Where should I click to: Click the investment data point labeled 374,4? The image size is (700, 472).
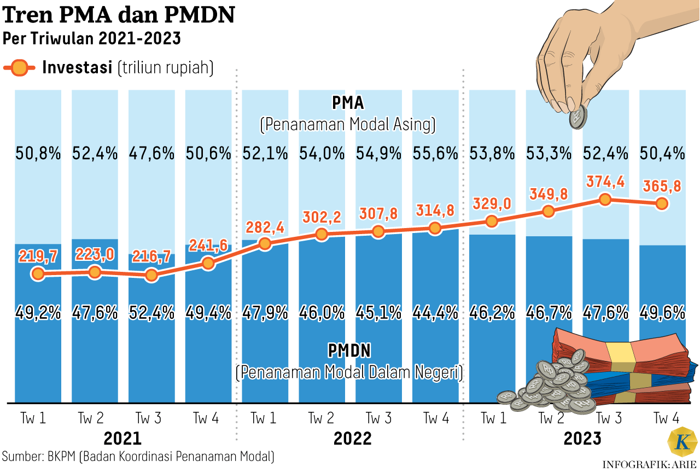(604, 200)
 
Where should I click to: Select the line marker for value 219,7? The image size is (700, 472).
(38, 273)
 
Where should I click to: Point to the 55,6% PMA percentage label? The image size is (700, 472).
(435, 154)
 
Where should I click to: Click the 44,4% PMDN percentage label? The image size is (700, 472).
(435, 313)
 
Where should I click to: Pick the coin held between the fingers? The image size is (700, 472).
(577, 117)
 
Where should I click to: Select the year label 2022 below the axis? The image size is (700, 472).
(352, 439)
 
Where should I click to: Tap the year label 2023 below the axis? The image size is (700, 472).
(582, 439)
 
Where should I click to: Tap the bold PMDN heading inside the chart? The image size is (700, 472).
(349, 350)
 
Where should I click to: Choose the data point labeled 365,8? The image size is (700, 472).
(661, 203)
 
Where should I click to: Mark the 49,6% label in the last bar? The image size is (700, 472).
(662, 313)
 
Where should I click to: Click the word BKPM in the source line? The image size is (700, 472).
(61, 456)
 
